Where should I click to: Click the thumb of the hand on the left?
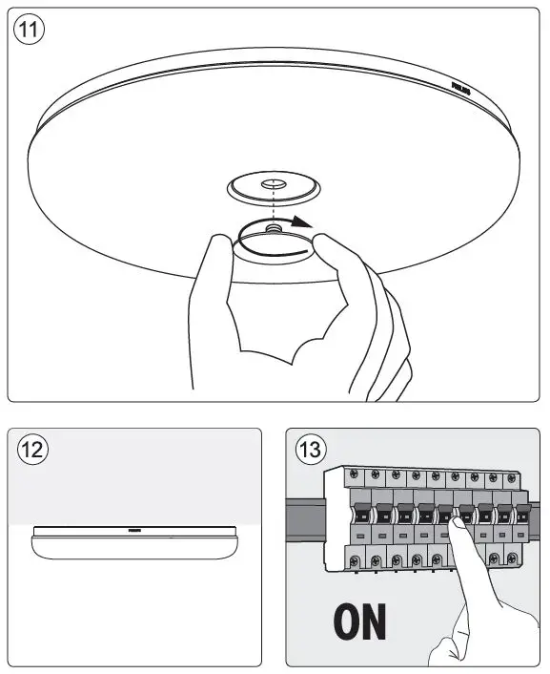click(218, 250)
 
